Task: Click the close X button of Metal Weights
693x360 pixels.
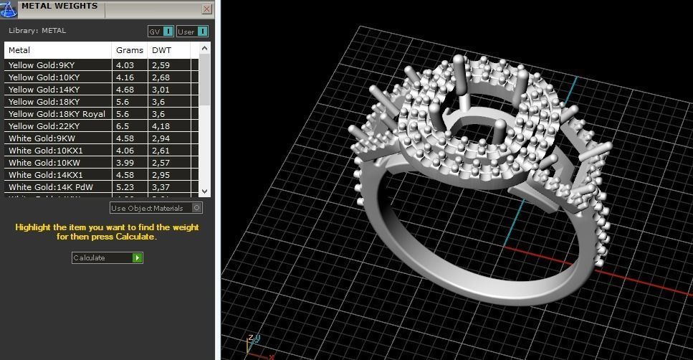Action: point(207,9)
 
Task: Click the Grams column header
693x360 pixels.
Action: point(129,50)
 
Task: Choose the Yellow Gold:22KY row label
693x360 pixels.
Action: point(44,126)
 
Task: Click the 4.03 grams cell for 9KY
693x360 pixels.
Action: point(125,65)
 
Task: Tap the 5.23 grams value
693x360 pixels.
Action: point(125,187)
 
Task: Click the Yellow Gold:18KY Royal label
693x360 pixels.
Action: point(57,114)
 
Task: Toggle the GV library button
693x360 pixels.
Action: point(161,32)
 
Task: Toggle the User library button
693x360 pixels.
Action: point(192,32)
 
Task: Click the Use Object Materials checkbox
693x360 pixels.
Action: point(197,208)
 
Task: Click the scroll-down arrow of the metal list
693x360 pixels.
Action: point(205,191)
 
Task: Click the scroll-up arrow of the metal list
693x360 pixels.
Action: point(205,49)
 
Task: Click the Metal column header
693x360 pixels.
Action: point(19,50)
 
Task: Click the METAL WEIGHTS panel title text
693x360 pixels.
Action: point(59,6)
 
